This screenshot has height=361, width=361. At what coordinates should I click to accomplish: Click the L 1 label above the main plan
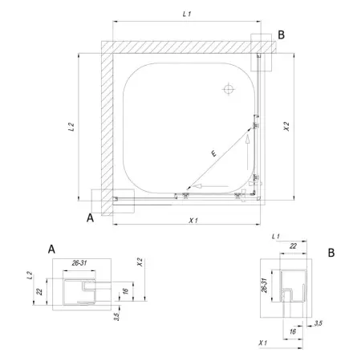click(x=187, y=14)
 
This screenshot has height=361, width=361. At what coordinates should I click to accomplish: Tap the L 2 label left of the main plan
click(x=71, y=127)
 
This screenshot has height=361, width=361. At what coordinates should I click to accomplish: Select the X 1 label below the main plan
click(x=193, y=221)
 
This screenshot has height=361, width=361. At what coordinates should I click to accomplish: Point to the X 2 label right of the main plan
click(x=286, y=127)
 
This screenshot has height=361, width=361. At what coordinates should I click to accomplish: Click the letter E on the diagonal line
click(x=213, y=153)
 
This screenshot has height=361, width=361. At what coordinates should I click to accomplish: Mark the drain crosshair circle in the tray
click(x=229, y=89)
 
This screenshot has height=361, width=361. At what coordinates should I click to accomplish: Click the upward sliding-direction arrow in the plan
click(x=248, y=152)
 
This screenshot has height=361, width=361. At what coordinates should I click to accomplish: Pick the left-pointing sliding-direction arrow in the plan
click(x=210, y=186)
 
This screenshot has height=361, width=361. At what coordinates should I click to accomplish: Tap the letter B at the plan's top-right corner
click(x=281, y=35)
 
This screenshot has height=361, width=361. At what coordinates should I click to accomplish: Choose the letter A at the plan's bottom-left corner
click(x=90, y=217)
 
